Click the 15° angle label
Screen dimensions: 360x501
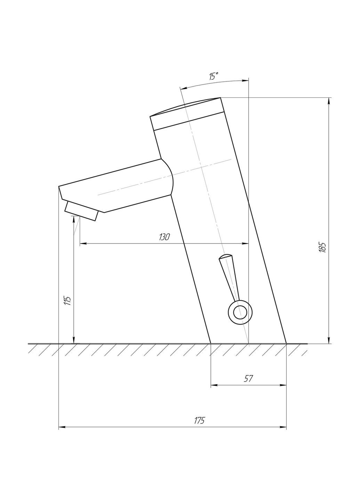[213, 76]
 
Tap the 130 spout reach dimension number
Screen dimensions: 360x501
[164, 237]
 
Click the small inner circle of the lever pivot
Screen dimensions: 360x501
[240, 312]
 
